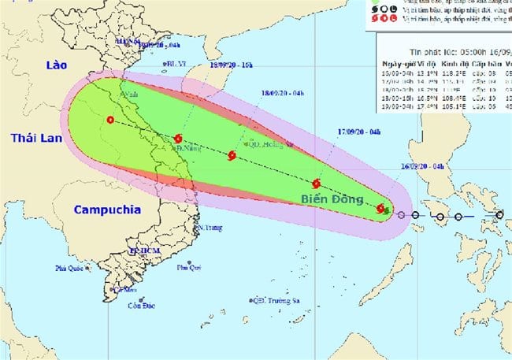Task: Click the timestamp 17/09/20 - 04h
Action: [x=363, y=131]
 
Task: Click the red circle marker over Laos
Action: [x=109, y=121]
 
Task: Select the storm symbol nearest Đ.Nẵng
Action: [x=178, y=139]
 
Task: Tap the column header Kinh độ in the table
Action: [x=460, y=60]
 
